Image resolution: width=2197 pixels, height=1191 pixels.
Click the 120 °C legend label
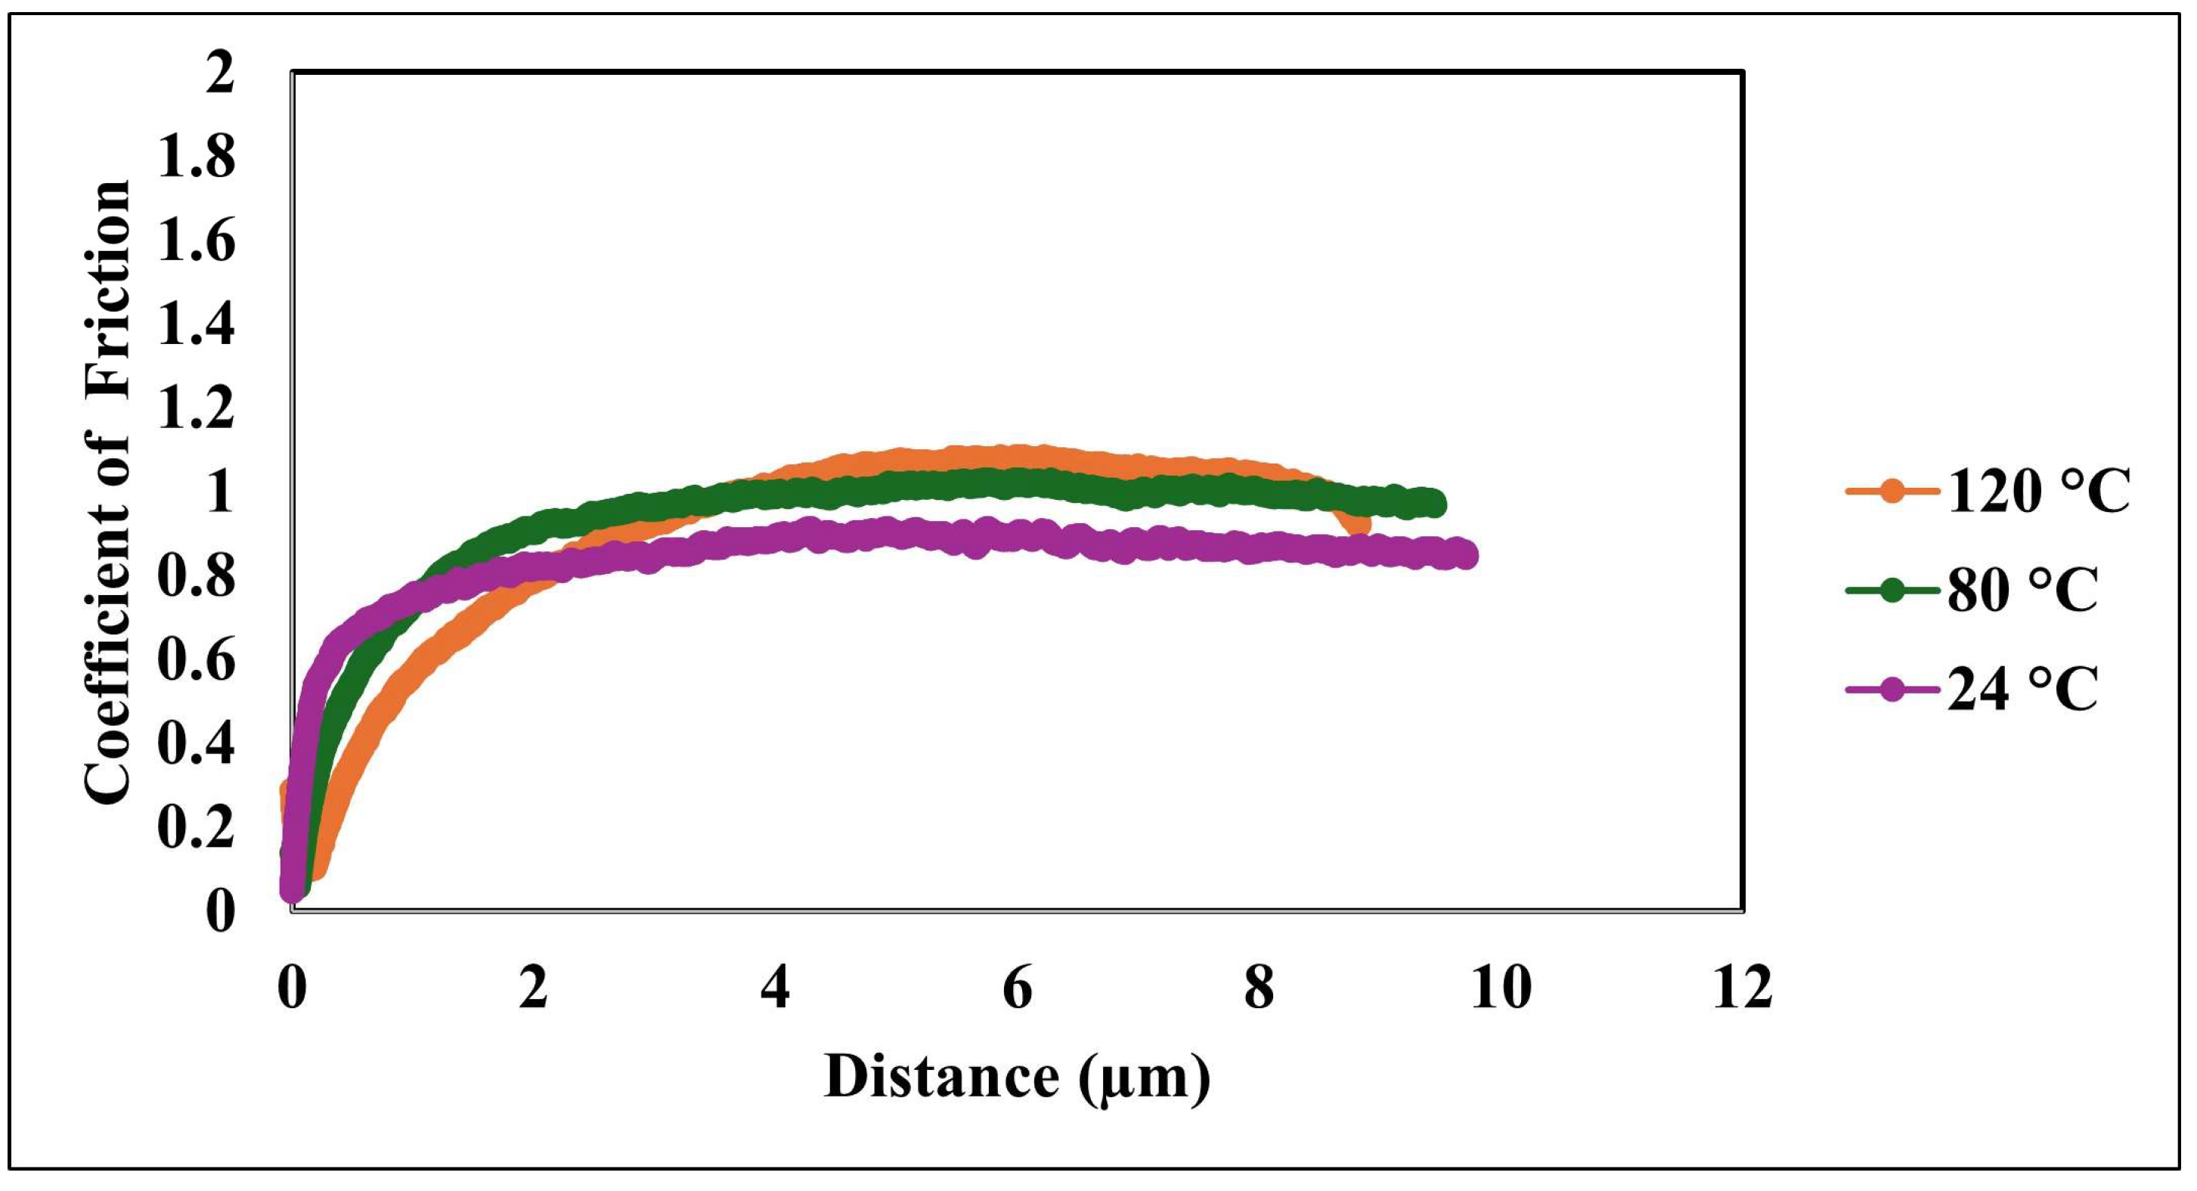point(2038,492)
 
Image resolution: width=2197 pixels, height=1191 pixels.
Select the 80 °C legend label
point(2022,591)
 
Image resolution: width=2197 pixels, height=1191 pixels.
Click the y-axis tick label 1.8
point(196,157)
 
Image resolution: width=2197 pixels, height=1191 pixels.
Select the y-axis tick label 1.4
point(196,325)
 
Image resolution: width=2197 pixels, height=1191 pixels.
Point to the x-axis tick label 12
point(1743,988)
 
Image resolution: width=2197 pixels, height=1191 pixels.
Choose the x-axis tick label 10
point(1501,988)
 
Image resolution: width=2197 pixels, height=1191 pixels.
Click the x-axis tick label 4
point(775,988)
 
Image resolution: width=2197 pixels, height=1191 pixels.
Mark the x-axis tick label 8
point(1259,988)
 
